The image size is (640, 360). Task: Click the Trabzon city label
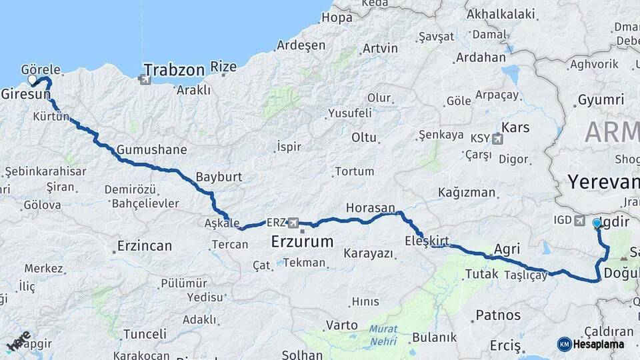pos(174,69)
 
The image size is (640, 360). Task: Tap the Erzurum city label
pos(302,241)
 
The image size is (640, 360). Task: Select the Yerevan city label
pos(603,181)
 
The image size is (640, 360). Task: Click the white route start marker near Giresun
pos(32,80)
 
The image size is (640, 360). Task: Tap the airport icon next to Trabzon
pos(145,80)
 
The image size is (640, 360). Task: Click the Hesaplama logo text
pos(599,344)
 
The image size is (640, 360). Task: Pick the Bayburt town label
pos(219,177)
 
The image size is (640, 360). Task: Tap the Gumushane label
pos(151,149)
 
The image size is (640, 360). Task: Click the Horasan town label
pos(370,208)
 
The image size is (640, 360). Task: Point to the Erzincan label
pos(145,245)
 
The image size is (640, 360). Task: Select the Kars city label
pos(515,127)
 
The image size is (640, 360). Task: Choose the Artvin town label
pos(380,48)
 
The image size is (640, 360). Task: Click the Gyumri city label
pos(601,99)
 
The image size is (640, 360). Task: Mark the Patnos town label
pos(498,315)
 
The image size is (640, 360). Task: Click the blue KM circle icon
pos(565,344)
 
